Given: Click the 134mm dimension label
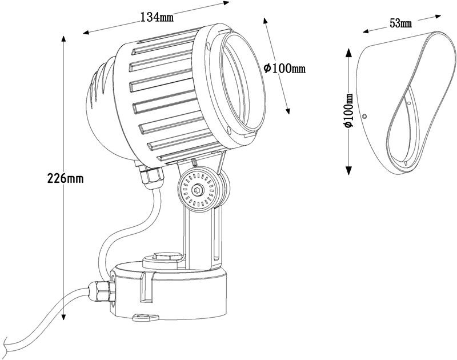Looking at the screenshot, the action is [157, 17].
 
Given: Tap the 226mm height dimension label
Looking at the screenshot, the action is [65, 178].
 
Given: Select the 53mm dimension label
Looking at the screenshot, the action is [401, 23].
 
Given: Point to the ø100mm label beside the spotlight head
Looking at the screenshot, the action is [284, 69].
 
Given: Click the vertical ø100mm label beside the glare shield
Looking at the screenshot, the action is [348, 111].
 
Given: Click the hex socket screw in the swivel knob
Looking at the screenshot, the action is [197, 191].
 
